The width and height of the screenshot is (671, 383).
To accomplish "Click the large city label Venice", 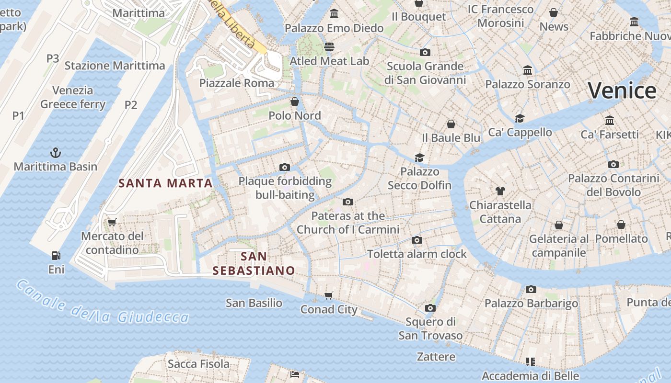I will pyautogui.click(x=622, y=90).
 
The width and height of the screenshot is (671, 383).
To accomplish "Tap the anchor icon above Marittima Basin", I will pyautogui.click(x=56, y=153).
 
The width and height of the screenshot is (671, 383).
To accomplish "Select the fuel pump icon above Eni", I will pyautogui.click(x=56, y=256).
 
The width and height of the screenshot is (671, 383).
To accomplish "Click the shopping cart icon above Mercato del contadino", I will pyautogui.click(x=112, y=222).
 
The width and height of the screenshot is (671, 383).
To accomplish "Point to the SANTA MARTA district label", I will pyautogui.click(x=165, y=183).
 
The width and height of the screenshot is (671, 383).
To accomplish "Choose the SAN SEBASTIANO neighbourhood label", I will pyautogui.click(x=254, y=264).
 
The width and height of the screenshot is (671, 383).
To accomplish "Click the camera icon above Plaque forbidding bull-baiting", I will pyautogui.click(x=285, y=167).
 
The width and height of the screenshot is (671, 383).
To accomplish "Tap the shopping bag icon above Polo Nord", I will pyautogui.click(x=295, y=101).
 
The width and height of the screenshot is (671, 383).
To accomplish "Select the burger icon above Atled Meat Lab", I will pyautogui.click(x=329, y=47).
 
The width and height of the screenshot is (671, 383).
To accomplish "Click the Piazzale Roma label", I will pyautogui.click(x=237, y=83).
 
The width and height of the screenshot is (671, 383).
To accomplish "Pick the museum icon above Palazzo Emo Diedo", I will pyautogui.click(x=334, y=14).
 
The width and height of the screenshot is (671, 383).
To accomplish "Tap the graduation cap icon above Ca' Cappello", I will pyautogui.click(x=520, y=118).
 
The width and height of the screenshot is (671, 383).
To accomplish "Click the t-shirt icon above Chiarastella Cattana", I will pyautogui.click(x=500, y=191).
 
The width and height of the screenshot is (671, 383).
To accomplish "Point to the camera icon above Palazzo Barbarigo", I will pyautogui.click(x=531, y=289).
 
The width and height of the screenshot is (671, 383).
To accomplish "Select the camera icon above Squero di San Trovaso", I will pyautogui.click(x=430, y=308).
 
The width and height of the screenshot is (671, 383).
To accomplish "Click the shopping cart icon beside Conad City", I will pyautogui.click(x=329, y=295).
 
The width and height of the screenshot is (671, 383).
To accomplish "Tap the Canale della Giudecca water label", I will pyautogui.click(x=103, y=303).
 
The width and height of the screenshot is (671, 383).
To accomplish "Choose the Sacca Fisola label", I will pyautogui.click(x=198, y=364).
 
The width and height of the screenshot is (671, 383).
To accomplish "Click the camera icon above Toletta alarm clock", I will pyautogui.click(x=417, y=240).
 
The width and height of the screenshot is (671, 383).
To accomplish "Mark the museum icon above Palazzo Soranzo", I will pyautogui.click(x=528, y=70).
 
